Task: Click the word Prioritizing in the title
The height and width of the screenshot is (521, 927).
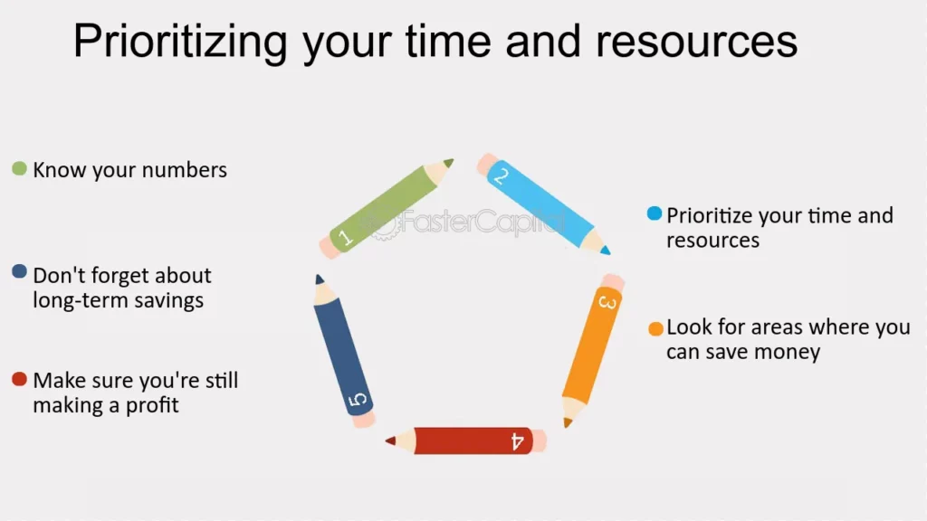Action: (x=180, y=42)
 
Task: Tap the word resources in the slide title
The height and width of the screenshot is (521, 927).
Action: (x=696, y=42)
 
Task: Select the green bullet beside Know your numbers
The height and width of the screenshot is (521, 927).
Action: (x=20, y=169)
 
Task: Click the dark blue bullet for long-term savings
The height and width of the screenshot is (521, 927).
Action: (x=20, y=271)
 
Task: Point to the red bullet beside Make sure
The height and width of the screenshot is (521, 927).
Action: (x=20, y=379)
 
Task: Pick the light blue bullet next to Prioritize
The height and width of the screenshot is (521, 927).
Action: (x=655, y=213)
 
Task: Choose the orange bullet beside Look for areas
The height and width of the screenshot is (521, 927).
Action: (x=655, y=328)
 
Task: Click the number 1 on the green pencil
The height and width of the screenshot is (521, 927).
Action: (x=345, y=238)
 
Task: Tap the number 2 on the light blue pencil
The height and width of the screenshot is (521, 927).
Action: (x=501, y=175)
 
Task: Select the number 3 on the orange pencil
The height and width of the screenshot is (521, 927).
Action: (x=607, y=302)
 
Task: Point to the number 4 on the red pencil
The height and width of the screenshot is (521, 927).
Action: (x=517, y=440)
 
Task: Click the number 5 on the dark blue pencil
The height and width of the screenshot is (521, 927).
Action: (x=357, y=400)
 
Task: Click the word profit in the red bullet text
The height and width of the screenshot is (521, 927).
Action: (x=152, y=406)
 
